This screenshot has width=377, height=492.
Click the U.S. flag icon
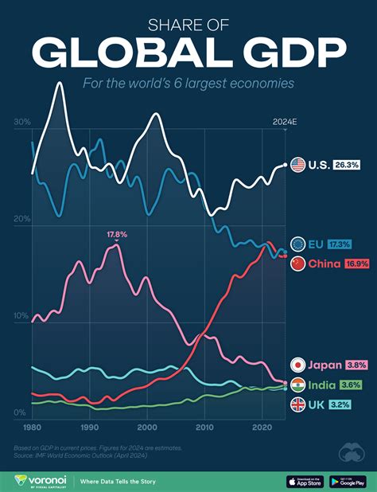click(299, 165)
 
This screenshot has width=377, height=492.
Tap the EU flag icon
click(299, 244)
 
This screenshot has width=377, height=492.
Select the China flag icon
click(299, 264)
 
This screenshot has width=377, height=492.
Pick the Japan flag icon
click(299, 365)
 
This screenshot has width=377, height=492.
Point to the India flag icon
click(299, 385)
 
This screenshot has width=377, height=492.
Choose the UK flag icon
click(299, 404)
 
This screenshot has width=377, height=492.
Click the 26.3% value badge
click(347, 165)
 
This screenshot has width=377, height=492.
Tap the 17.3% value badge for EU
click(340, 244)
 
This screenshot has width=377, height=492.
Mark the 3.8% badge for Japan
click(356, 365)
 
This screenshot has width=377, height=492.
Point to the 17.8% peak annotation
click(116, 235)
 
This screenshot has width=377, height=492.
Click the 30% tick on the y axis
click(21, 123)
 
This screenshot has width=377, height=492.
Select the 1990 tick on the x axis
click(90, 428)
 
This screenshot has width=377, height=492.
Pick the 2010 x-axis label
click(205, 428)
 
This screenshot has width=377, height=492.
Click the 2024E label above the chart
click(284, 122)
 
